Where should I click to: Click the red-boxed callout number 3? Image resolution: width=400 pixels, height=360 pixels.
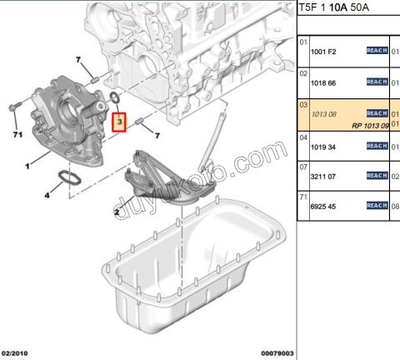120,122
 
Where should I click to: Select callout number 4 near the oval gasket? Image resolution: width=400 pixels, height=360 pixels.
47,196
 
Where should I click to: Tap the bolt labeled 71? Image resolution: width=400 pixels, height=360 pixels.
14,107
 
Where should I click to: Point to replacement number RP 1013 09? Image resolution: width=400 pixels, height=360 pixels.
369,125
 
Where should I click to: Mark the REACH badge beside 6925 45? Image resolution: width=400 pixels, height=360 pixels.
377,205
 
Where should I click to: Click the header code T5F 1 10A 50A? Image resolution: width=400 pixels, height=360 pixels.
341,8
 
